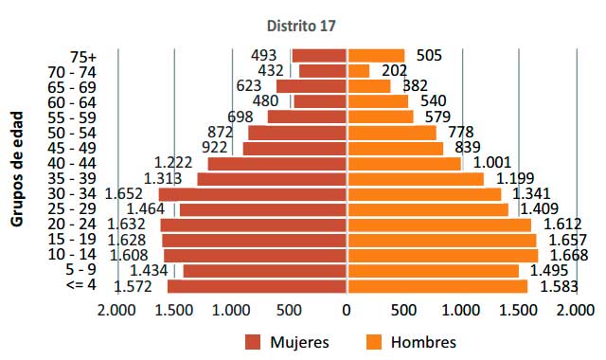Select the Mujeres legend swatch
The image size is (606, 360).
tap(253, 342)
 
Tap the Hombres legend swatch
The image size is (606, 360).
tap(374, 342)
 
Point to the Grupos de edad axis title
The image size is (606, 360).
tap(18, 170)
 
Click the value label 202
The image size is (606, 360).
tap(393, 70)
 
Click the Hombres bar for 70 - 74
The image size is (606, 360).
tap(359, 70)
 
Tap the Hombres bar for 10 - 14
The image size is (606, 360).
tap(442, 256)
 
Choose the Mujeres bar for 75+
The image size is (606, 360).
tap(319, 56)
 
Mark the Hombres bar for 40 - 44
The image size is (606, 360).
tap(404, 164)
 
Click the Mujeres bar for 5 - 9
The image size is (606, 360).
tap(265, 271)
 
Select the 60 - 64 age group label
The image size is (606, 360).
tap(70, 101)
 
